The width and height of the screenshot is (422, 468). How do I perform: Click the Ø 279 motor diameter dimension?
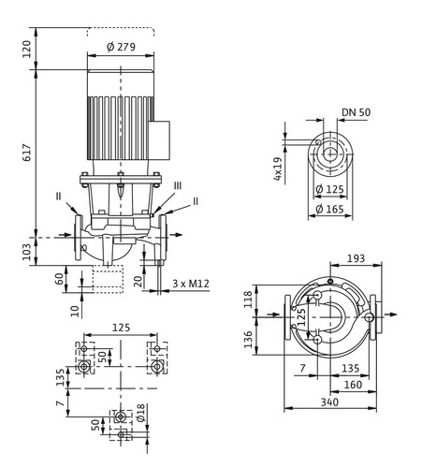(121, 47)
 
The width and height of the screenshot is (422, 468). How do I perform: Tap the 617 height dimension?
(27, 153)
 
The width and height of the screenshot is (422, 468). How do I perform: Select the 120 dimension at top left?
(27, 49)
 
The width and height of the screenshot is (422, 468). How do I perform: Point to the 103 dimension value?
(27, 252)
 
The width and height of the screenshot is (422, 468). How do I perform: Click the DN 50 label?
(357, 112)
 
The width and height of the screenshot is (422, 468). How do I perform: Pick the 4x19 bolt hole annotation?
(277, 168)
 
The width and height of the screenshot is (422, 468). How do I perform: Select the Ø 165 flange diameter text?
(329, 209)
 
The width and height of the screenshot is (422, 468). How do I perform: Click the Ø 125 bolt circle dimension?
(329, 189)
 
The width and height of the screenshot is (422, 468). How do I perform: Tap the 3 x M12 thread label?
(191, 284)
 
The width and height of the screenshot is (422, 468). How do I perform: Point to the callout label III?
(177, 186)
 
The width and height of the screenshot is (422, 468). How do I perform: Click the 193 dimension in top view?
(356, 258)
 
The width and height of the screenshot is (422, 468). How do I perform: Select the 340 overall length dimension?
(329, 402)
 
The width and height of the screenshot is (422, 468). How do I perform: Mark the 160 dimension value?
(353, 385)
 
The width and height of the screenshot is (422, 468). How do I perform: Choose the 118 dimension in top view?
(248, 300)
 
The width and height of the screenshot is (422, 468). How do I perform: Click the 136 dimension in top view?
(248, 340)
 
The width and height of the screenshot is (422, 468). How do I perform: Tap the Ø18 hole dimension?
(140, 413)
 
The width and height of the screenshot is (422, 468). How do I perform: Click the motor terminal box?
(159, 140)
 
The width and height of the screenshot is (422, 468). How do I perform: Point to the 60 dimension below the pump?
(59, 278)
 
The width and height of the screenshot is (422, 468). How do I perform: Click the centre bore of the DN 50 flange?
(330, 154)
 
